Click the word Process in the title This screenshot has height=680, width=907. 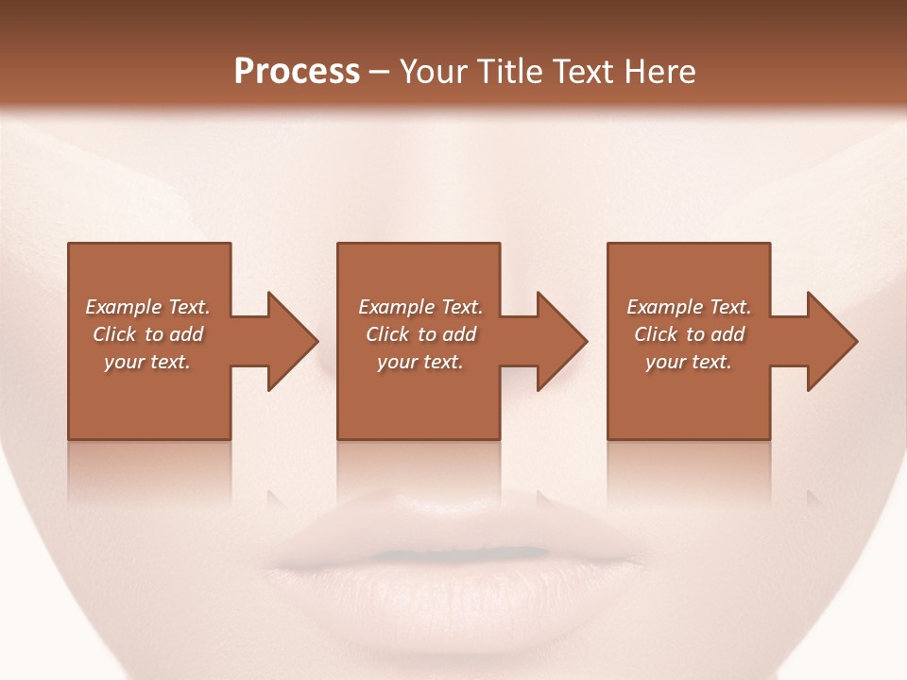(x=297, y=72)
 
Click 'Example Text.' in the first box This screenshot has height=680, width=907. (x=147, y=307)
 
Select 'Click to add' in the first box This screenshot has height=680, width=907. (x=147, y=334)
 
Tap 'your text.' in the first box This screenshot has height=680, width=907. (x=147, y=362)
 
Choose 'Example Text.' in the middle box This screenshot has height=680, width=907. (x=419, y=307)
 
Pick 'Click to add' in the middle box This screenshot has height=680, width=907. (x=419, y=334)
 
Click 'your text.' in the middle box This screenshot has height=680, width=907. (x=419, y=362)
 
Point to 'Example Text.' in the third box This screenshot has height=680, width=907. (x=689, y=307)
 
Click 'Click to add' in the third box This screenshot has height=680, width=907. (x=689, y=334)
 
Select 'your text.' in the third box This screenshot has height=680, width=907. (x=689, y=362)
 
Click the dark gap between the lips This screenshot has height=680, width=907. (x=453, y=552)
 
